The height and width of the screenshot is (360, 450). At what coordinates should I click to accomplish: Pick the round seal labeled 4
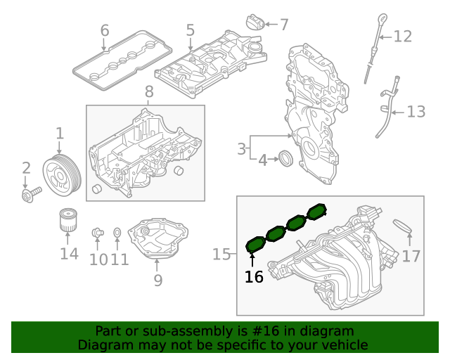pos(286,158)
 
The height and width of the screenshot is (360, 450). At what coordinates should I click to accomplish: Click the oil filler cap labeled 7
pos(254,22)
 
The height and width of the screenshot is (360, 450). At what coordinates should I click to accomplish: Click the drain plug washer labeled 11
pos(117,232)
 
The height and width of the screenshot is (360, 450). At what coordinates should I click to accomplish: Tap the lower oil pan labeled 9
pos(166,240)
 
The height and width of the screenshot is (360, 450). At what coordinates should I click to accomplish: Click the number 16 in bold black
pos(254,277)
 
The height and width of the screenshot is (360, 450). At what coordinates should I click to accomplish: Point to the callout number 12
pos(402,36)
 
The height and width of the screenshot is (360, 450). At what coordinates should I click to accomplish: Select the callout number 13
pos(416,112)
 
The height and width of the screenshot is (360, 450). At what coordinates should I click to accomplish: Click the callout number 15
pos(221,254)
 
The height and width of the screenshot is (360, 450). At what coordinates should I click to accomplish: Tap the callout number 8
pos(148,91)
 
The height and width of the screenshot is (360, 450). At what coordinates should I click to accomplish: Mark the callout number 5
pos(190,30)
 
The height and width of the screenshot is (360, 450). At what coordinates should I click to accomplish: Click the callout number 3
pos(241,149)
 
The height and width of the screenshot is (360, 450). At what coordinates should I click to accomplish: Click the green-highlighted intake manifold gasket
pos(285,226)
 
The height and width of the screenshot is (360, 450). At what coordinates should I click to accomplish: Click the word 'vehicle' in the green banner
pos(343,345)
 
